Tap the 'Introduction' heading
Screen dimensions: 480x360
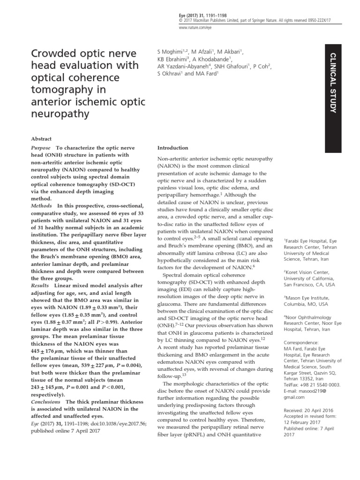[172, 148]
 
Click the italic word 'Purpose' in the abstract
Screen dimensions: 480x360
[41, 148]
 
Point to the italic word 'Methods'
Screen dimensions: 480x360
[41, 206]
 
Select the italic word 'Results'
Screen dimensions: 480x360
[39, 285]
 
